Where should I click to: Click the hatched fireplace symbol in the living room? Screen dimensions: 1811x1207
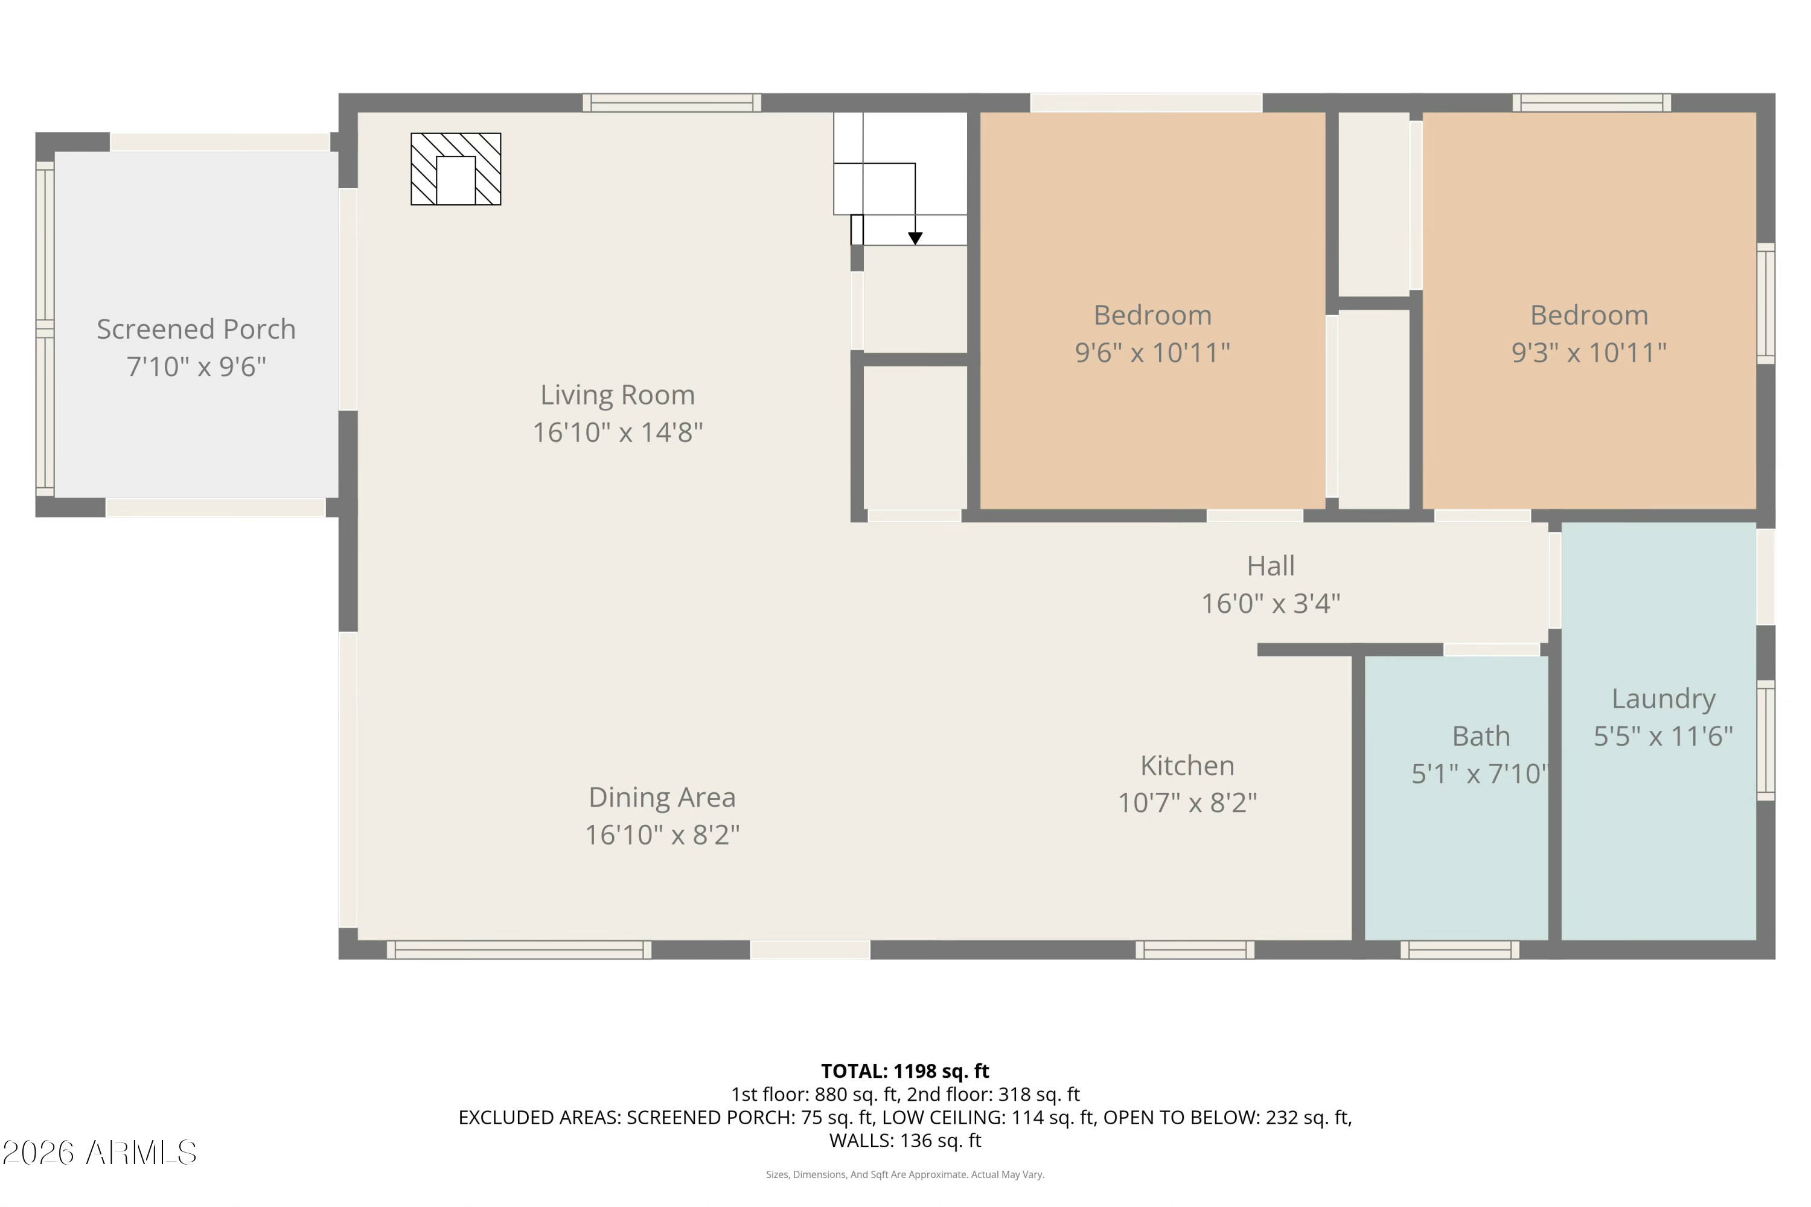(x=456, y=169)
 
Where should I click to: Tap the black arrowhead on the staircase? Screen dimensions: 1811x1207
(x=915, y=239)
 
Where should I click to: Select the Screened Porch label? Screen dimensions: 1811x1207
(x=196, y=330)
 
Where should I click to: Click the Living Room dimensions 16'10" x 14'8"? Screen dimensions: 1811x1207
(x=618, y=432)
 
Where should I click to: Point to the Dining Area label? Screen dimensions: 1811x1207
(x=662, y=798)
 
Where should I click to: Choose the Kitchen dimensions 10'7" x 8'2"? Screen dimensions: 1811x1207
(x=1187, y=803)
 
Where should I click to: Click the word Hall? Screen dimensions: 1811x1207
(x=1271, y=566)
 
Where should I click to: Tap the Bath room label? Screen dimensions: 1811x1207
(x=1481, y=737)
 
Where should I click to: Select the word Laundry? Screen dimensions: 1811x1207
(x=1663, y=699)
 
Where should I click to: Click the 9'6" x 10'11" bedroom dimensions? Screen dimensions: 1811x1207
(x=1152, y=353)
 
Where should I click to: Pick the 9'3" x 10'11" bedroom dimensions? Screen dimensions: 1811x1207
(x=1589, y=353)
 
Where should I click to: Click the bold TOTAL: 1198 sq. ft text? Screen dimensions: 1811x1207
(x=905, y=1071)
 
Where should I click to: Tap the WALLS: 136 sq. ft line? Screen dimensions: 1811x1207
(x=905, y=1141)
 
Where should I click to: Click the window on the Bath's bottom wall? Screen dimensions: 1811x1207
(x=1459, y=950)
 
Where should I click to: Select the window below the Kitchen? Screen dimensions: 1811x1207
(x=1195, y=950)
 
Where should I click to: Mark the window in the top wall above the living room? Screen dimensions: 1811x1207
(x=672, y=103)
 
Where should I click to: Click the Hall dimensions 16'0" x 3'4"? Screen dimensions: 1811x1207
(x=1271, y=604)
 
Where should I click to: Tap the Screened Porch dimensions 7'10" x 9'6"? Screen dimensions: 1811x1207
(x=196, y=367)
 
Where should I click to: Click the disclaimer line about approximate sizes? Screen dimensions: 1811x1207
(x=905, y=1174)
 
